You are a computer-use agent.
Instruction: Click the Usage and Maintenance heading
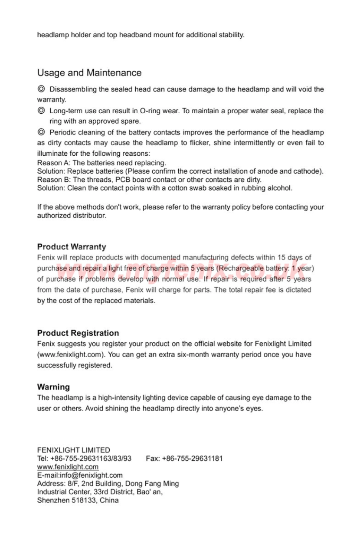(89, 72)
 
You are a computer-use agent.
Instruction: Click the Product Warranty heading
(72, 247)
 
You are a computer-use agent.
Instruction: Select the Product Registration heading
(78, 333)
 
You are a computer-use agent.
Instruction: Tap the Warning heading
(53, 387)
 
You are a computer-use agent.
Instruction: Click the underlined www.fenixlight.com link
(68, 467)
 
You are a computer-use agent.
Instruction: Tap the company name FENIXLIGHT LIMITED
(74, 450)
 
